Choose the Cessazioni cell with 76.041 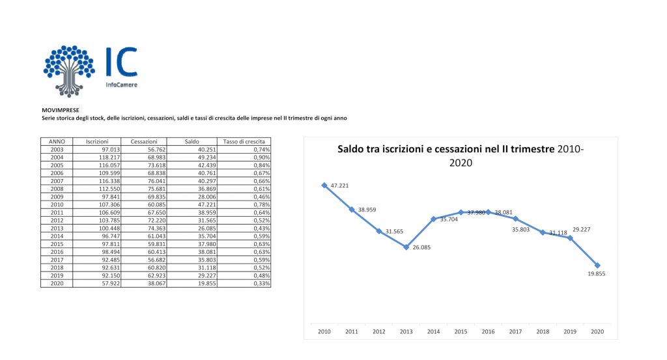click(143, 180)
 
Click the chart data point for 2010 click(324, 185)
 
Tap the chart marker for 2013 click(406, 247)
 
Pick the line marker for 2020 click(597, 265)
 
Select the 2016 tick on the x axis click(488, 331)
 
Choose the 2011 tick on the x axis click(352, 331)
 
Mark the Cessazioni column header click(143, 141)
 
